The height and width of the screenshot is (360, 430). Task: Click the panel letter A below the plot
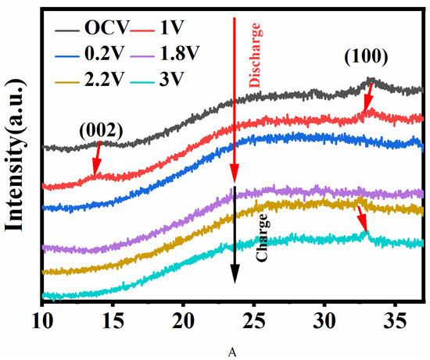click(232, 352)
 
